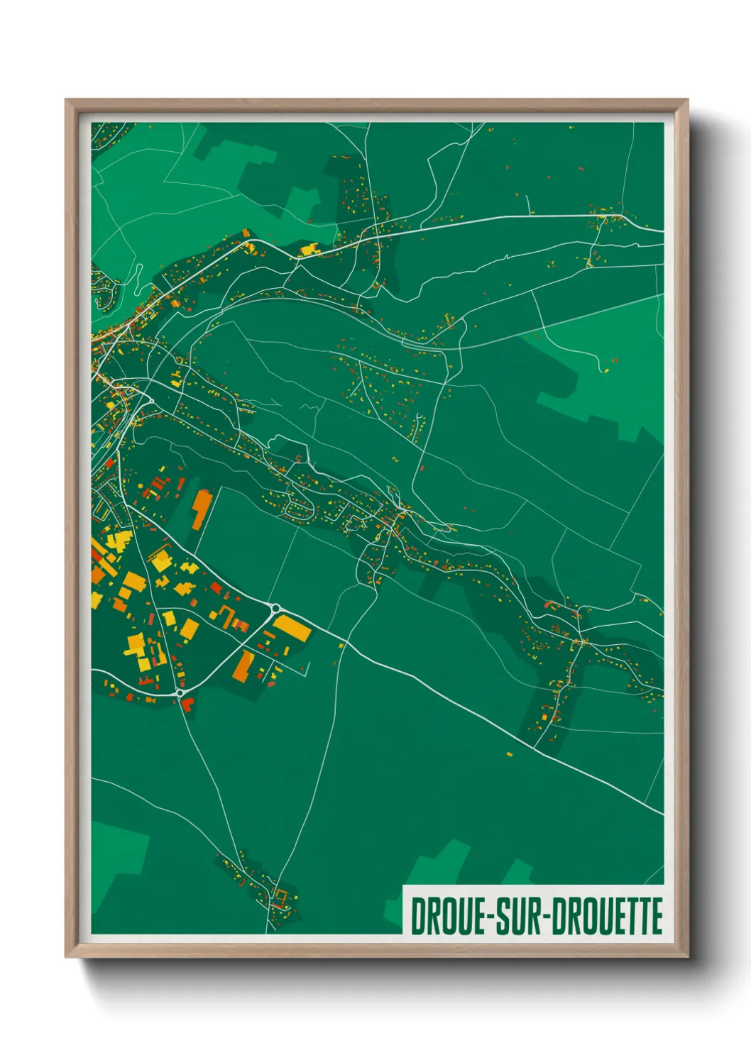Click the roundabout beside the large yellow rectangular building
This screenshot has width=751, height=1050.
(x=275, y=608)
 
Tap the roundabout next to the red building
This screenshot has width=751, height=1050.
(x=180, y=692)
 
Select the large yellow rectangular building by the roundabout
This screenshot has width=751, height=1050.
(x=292, y=628)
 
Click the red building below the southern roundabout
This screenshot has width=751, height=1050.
(x=187, y=703)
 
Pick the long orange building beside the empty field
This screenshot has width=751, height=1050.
(x=202, y=509)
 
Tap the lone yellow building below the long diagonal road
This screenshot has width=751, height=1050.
(x=509, y=753)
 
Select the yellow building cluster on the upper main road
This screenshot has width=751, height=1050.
(x=310, y=249)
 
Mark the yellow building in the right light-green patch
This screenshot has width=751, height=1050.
(x=606, y=370)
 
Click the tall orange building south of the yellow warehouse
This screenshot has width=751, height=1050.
(x=244, y=665)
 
